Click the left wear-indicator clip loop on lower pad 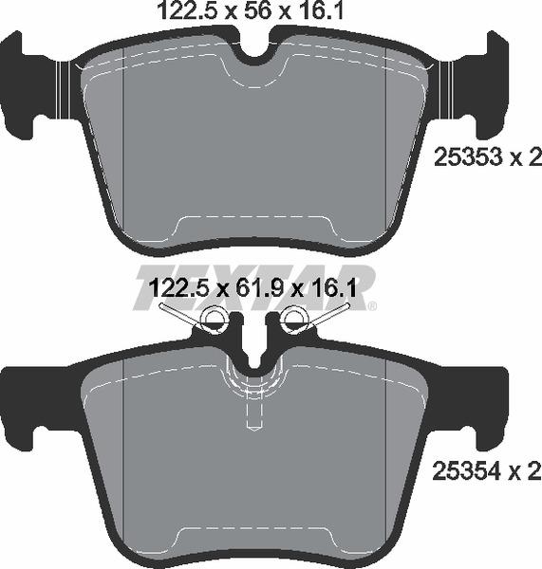pos(215,320)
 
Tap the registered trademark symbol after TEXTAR pos(373,306)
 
